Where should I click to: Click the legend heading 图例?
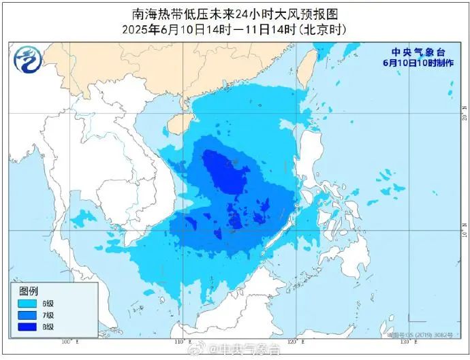click(x=29, y=291)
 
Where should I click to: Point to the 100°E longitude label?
click(x=67, y=342)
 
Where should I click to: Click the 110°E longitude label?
click(x=179, y=342)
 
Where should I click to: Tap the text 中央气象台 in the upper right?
click(x=416, y=52)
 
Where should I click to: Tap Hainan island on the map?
click(x=178, y=123)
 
